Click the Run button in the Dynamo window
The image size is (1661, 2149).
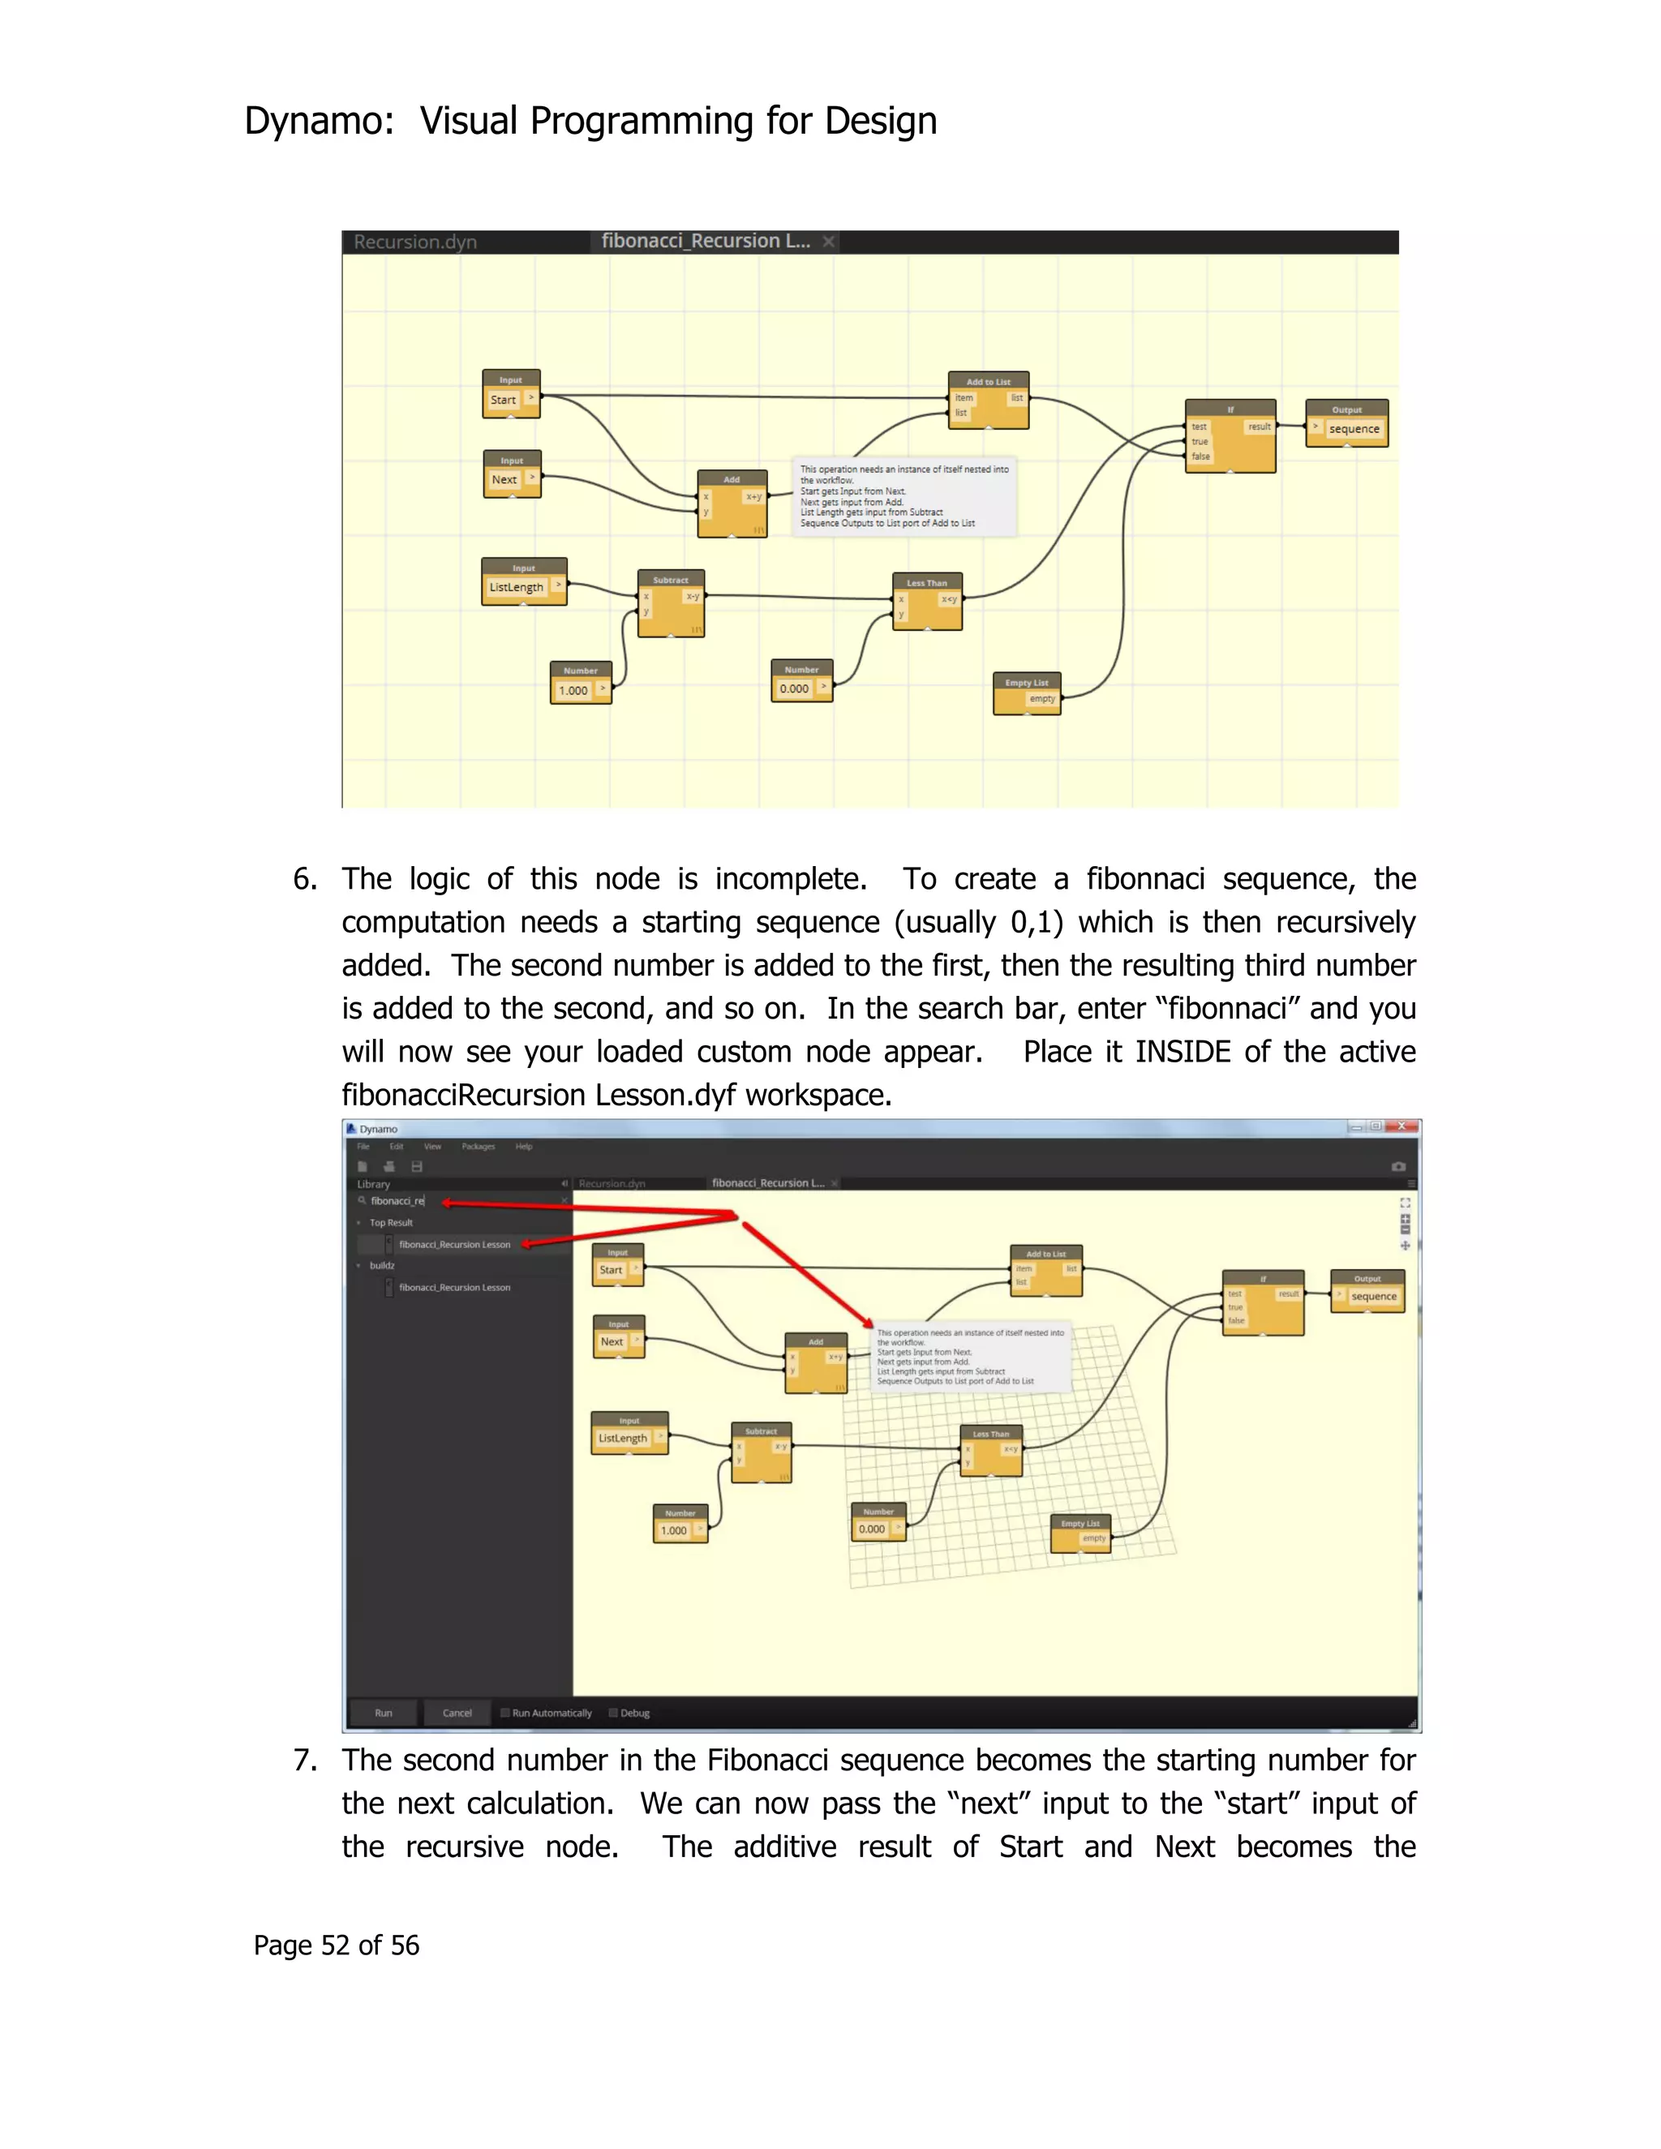(x=383, y=1713)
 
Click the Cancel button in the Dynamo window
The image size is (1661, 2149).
(x=457, y=1713)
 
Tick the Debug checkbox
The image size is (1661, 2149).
(x=613, y=1713)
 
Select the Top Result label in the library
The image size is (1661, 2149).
(x=391, y=1223)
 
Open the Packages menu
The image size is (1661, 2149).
(x=479, y=1147)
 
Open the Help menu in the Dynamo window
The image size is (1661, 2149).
(x=523, y=1147)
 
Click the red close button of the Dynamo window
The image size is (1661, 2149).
(x=1402, y=1126)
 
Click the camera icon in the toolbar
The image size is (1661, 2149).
(x=1398, y=1167)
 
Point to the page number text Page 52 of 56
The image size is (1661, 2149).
(x=336, y=1945)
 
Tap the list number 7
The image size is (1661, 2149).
(x=305, y=1761)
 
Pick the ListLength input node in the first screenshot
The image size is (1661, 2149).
(x=523, y=581)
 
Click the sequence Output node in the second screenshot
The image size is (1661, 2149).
(x=1367, y=1291)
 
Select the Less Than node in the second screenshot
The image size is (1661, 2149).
(x=991, y=1451)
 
